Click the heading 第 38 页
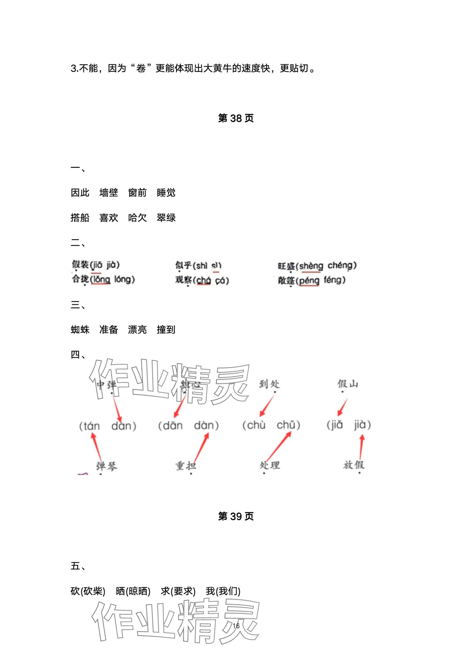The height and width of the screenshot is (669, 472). coord(236,118)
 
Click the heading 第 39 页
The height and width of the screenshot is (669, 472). coord(236,516)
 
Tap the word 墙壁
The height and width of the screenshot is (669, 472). coord(109,193)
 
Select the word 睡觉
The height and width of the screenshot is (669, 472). coord(166,193)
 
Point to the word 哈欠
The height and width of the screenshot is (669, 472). coord(137,218)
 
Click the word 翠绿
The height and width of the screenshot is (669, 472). coord(166,218)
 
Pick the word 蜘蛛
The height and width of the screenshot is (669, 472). coord(80,330)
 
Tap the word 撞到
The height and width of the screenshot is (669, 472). coord(166,330)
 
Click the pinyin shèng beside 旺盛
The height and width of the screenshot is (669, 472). coord(311,266)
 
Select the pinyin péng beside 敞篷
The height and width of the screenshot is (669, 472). coord(309,281)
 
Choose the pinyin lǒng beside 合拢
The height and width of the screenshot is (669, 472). coord(101,279)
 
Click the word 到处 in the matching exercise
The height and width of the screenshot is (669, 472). coord(269,384)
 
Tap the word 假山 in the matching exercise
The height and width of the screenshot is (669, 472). coord(348,384)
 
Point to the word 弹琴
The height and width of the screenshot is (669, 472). coord(107,466)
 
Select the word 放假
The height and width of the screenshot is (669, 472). coord(354,465)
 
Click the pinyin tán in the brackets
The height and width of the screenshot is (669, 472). coord(91,426)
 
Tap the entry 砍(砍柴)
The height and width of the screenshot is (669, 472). coord(88,591)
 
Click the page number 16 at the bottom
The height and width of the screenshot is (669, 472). coord(236,626)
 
